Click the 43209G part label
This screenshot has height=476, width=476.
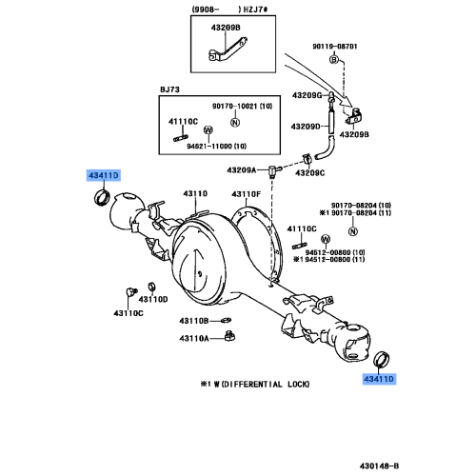click(307, 95)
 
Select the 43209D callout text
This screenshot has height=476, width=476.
click(306, 127)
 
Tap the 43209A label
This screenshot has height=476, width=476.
click(241, 170)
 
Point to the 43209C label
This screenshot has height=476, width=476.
click(310, 173)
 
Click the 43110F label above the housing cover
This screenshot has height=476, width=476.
click(246, 194)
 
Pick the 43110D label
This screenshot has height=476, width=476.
click(153, 299)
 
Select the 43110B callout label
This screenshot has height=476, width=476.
click(194, 321)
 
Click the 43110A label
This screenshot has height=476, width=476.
click(194, 339)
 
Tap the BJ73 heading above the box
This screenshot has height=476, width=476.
click(169, 89)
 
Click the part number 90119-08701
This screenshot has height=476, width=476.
click(335, 47)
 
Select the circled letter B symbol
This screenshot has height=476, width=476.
click(334, 59)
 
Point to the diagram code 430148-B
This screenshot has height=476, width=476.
click(379, 466)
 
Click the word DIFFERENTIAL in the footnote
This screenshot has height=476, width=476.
click(252, 385)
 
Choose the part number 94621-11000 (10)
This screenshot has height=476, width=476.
click(216, 147)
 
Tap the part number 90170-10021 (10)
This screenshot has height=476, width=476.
click(242, 106)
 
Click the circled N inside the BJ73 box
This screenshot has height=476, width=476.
click(235, 122)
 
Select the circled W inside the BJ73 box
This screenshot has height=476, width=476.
click(208, 129)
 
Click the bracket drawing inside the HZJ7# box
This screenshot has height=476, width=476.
click(228, 50)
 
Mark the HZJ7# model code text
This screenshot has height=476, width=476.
click(255, 10)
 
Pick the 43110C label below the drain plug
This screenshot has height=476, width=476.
click(129, 313)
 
